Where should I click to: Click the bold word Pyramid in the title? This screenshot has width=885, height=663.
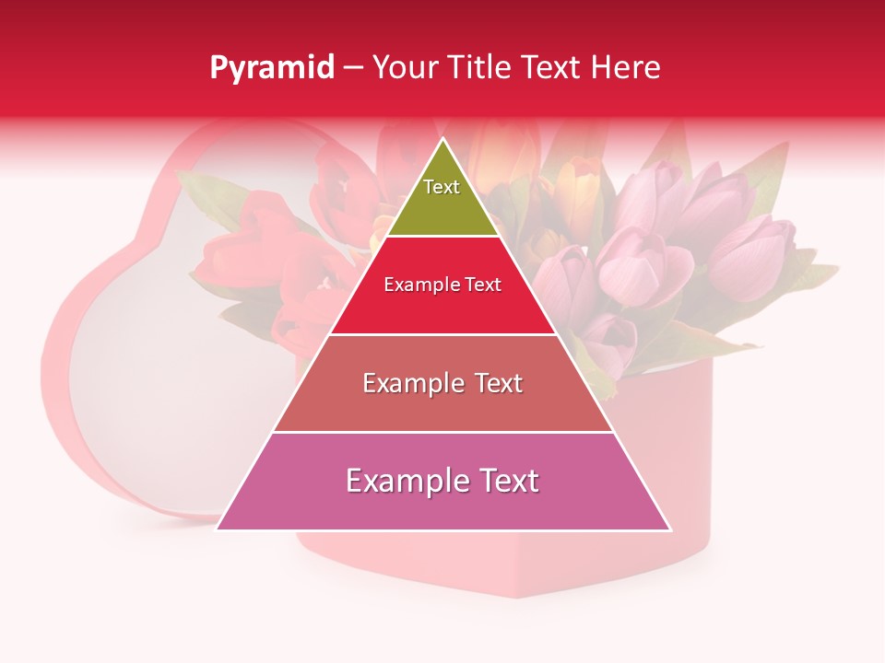coord(272,68)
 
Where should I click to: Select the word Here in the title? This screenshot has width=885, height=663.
coord(626,68)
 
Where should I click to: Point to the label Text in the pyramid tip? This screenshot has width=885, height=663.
coord(442,187)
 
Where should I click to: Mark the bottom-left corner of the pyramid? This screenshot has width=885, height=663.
coord(218,529)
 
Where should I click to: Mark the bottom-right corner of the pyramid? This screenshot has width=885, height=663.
coord(670,529)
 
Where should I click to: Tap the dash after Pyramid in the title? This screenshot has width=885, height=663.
coord(353,68)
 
